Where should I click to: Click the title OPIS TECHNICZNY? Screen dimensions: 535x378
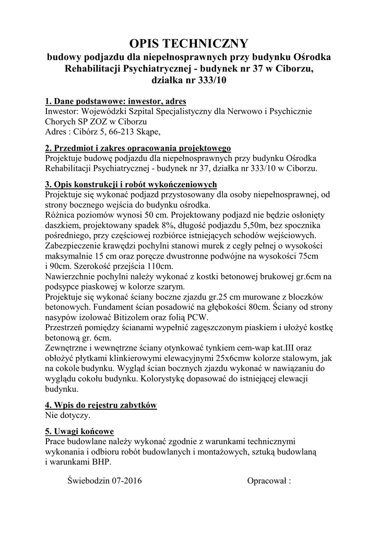tap(188, 43)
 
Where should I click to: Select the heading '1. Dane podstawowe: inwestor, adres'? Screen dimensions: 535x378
tap(115, 101)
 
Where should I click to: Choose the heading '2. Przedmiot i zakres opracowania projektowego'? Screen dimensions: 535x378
tap(138, 148)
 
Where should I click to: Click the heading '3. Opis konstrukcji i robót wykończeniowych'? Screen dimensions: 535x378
tap(131, 185)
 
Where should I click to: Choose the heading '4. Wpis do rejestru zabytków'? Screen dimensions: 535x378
tap(101, 405)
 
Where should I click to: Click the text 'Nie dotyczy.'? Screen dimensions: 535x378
tap(68, 416)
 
